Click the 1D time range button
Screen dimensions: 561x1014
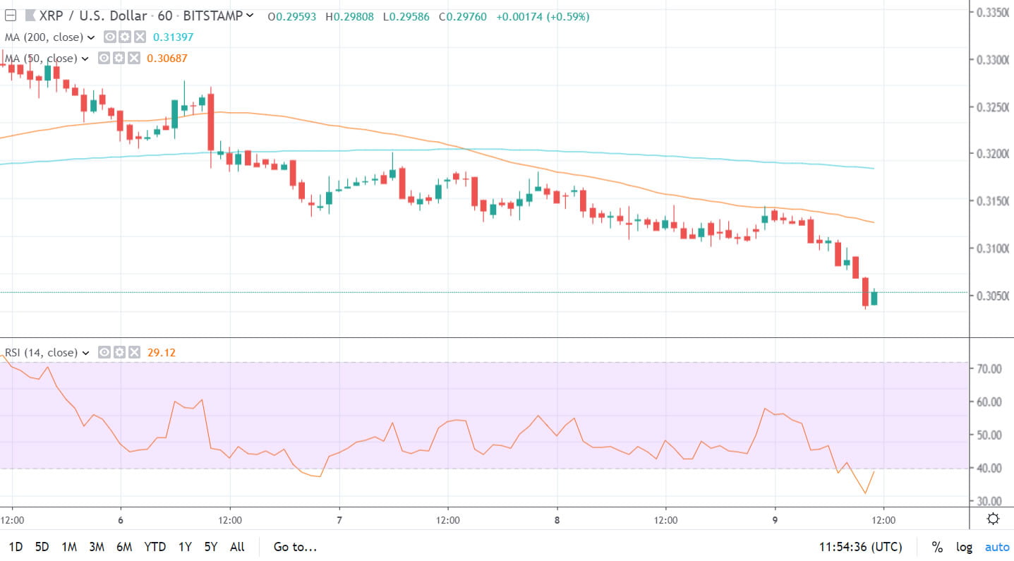[x=15, y=547]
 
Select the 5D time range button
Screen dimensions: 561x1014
[x=42, y=547]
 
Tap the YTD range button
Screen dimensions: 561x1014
[x=155, y=547]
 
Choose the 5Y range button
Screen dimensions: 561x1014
[x=211, y=547]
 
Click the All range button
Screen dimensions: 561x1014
[x=238, y=547]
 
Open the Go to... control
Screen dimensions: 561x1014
[x=295, y=547]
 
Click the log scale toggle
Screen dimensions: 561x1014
[x=964, y=547]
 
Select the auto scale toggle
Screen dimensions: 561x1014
[x=997, y=547]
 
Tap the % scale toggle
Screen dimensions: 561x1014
[x=937, y=547]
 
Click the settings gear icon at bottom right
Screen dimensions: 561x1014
[x=993, y=519]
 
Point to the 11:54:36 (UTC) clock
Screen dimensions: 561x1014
[x=860, y=547]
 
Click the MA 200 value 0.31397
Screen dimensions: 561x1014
[x=173, y=37]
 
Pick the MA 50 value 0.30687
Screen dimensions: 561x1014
[x=167, y=59]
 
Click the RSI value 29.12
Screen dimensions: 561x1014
[x=162, y=352]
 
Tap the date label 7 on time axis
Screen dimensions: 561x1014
[x=339, y=521]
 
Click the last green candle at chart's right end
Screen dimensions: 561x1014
[x=874, y=298]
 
